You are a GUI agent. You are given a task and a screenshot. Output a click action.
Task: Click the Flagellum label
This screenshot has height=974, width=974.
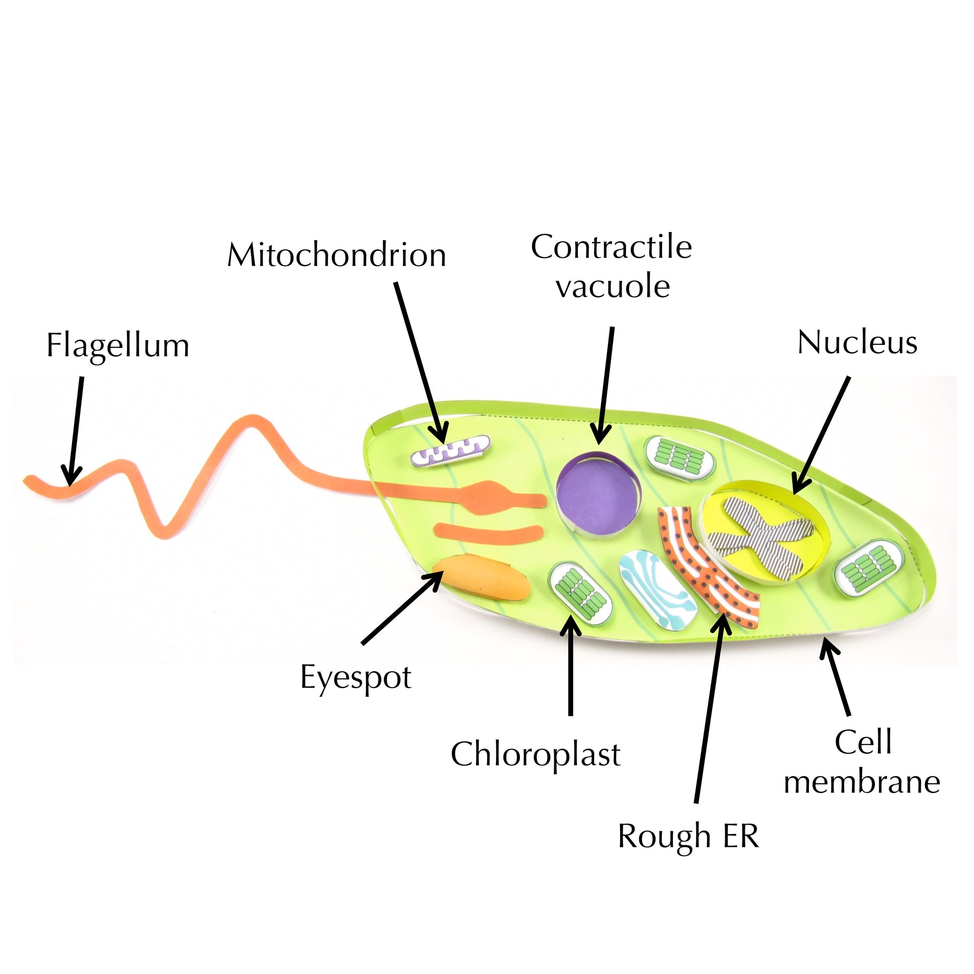[x=118, y=346]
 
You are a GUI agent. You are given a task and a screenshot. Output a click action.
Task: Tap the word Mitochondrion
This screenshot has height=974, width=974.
[x=336, y=255]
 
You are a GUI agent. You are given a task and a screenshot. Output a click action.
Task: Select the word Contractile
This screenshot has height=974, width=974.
[x=611, y=247]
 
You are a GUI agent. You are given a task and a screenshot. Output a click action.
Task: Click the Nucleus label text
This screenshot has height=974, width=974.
[x=857, y=343]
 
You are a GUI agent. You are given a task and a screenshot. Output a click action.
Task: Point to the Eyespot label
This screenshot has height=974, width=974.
[x=356, y=678]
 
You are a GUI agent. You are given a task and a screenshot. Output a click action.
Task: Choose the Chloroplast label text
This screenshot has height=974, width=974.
[x=536, y=755]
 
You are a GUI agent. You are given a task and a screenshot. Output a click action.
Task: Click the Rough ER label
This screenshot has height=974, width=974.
[x=688, y=837]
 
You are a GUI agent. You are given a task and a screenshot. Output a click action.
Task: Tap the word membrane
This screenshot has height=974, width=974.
[x=862, y=782]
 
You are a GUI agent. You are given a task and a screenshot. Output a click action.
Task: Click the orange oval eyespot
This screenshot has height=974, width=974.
[x=481, y=578]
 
